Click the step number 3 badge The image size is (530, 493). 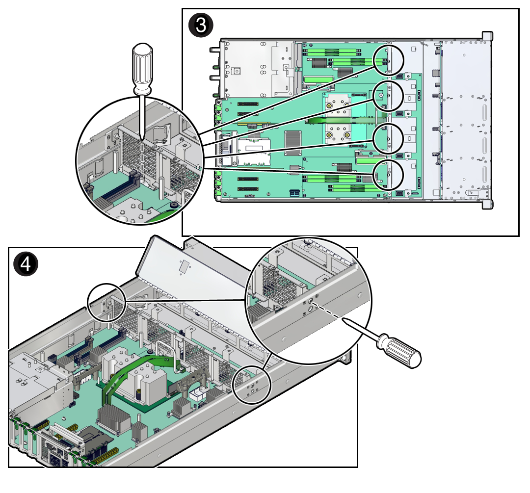[x=201, y=26]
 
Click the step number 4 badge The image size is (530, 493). [x=26, y=264]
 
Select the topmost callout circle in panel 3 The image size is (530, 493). [x=388, y=60]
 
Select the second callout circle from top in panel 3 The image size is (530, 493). [x=388, y=96]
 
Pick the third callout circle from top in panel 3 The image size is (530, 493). [x=388, y=139]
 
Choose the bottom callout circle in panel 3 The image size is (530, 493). [x=388, y=175]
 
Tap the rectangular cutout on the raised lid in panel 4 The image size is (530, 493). [x=185, y=266]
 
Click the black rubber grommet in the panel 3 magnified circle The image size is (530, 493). [x=174, y=205]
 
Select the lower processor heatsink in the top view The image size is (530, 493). [x=338, y=133]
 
